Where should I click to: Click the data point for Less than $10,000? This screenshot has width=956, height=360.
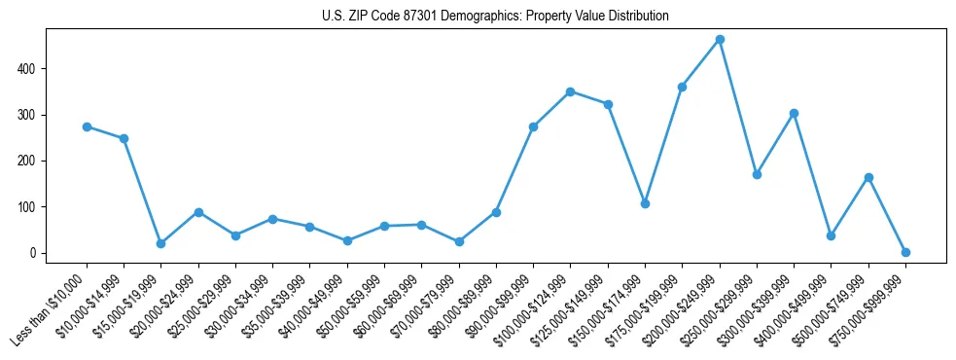[x=87, y=126]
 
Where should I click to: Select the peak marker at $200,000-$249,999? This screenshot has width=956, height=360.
[x=720, y=40]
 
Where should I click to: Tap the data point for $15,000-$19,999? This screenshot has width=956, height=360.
[x=161, y=243]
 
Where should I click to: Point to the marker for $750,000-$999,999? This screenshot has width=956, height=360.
[x=905, y=252]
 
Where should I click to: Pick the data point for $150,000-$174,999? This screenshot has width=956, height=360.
[x=645, y=203]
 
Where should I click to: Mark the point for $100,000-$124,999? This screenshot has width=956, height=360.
[x=570, y=91]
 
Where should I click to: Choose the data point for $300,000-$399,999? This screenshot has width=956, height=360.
[x=794, y=113]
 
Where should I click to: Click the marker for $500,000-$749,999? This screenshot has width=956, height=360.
[x=868, y=177]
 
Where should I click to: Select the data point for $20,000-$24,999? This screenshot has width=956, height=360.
[x=198, y=212]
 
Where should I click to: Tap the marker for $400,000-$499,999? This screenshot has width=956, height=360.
[x=831, y=235]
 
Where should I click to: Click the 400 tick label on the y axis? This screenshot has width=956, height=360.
[x=37, y=69]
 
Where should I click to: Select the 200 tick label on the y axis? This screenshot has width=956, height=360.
[x=37, y=161]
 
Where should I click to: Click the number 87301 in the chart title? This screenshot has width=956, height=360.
[x=402, y=17]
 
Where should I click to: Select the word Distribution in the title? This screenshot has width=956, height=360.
[x=636, y=17]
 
